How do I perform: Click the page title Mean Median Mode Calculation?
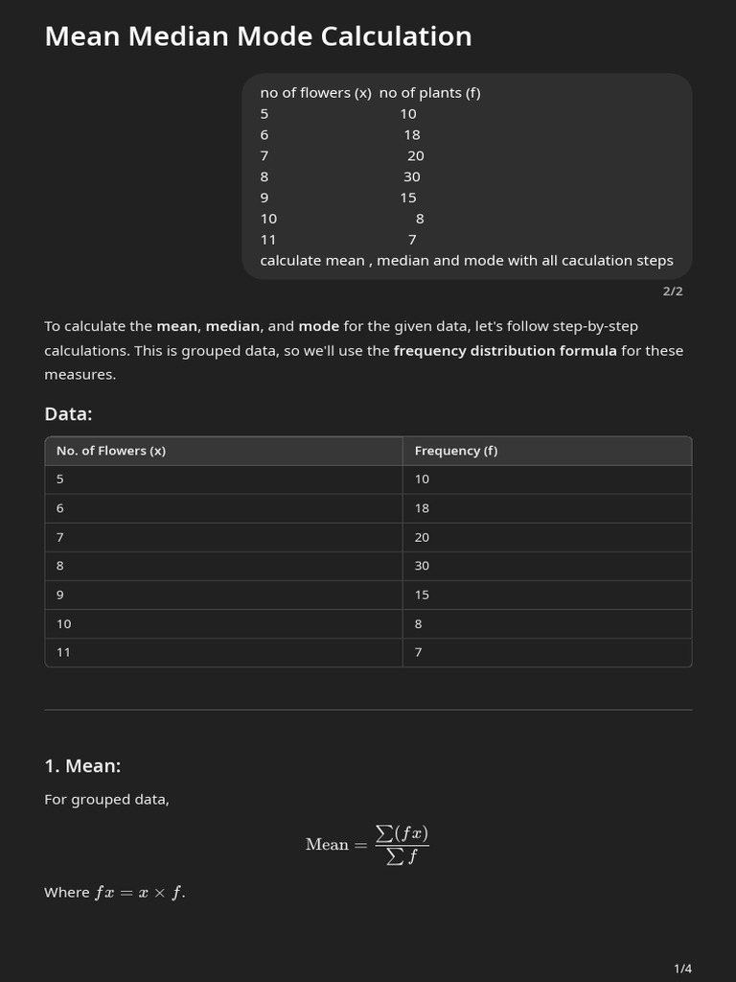(258, 36)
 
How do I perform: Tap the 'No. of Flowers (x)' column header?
(111, 451)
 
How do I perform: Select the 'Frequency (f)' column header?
(455, 451)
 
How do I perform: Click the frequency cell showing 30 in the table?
(423, 566)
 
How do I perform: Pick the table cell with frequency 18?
(423, 508)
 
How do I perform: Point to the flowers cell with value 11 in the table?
(63, 652)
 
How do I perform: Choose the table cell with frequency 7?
(419, 652)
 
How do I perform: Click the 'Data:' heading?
(68, 414)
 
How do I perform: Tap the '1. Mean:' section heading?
(82, 766)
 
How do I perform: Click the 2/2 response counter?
(673, 292)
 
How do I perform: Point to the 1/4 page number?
(682, 969)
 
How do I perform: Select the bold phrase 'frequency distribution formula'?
(505, 351)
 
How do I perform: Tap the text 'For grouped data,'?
(106, 800)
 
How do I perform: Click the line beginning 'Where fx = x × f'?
(115, 893)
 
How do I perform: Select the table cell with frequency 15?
(423, 595)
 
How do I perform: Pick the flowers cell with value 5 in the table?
(60, 479)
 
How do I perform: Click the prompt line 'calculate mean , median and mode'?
(466, 261)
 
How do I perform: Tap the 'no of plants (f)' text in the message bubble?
(429, 93)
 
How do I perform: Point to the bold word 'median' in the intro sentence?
(233, 326)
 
